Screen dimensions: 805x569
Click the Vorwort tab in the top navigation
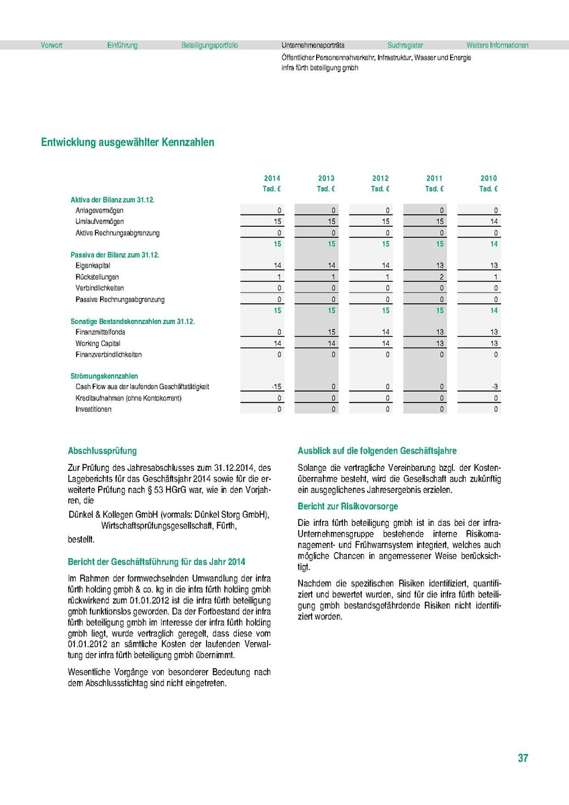pyautogui.click(x=52, y=46)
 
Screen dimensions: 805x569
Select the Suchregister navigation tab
pyautogui.click(x=405, y=46)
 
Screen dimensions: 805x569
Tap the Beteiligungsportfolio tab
pyautogui.click(x=210, y=46)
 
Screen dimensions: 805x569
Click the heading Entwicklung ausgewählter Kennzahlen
pyautogui.click(x=128, y=142)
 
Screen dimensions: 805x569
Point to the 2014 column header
pyautogui.click(x=272, y=178)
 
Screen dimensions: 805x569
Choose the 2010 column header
pyautogui.click(x=488, y=178)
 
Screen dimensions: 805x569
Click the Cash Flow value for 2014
pyautogui.click(x=276, y=387)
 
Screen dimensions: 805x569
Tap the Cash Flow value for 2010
pyautogui.click(x=494, y=387)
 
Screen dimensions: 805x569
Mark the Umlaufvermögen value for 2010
pyautogui.click(x=494, y=222)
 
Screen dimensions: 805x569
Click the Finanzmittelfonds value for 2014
pyautogui.click(x=279, y=332)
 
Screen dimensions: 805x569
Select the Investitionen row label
pyautogui.click(x=93, y=409)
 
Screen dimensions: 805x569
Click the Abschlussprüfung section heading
pyautogui.click(x=102, y=451)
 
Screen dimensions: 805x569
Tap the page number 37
pyautogui.click(x=523, y=758)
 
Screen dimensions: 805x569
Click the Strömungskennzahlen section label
pyautogui.click(x=104, y=376)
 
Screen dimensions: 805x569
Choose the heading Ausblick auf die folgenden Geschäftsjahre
pyautogui.click(x=377, y=451)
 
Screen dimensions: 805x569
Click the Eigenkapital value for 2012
pyautogui.click(x=385, y=266)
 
